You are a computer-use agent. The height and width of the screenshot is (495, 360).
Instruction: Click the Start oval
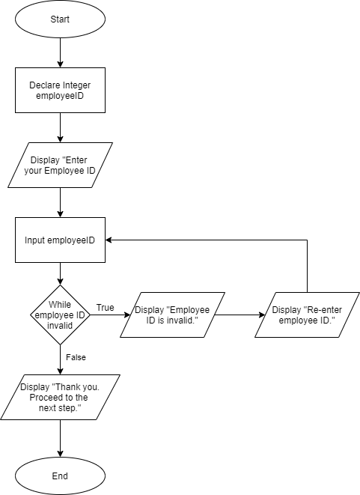tap(60, 19)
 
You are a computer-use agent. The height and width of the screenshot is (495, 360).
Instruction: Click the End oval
tap(60, 476)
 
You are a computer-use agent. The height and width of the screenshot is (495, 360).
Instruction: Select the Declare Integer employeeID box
tap(60, 91)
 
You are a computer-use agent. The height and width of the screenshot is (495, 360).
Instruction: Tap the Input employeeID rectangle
tap(60, 240)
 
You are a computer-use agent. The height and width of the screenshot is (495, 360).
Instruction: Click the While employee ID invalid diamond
tap(60, 315)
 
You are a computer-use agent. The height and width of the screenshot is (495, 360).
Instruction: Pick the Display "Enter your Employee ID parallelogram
tap(60, 165)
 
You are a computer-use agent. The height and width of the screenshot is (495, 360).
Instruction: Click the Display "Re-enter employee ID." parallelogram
tap(303, 315)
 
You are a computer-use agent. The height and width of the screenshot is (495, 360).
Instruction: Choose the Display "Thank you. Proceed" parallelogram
tap(60, 397)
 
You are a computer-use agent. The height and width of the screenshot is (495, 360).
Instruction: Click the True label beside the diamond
tap(106, 308)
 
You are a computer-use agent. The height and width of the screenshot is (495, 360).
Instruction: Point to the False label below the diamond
tap(75, 358)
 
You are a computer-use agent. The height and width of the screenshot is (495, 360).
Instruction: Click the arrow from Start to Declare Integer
tap(60, 52)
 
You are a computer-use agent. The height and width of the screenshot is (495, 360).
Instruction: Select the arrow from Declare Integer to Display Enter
tap(60, 127)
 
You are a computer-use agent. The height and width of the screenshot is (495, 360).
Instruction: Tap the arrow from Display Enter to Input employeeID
tap(60, 202)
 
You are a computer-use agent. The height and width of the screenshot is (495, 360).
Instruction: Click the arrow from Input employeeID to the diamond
tap(60, 273)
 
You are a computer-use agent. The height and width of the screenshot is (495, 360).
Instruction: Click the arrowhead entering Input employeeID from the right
tap(109, 240)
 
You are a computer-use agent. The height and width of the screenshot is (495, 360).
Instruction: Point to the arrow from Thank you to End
tap(60, 438)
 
